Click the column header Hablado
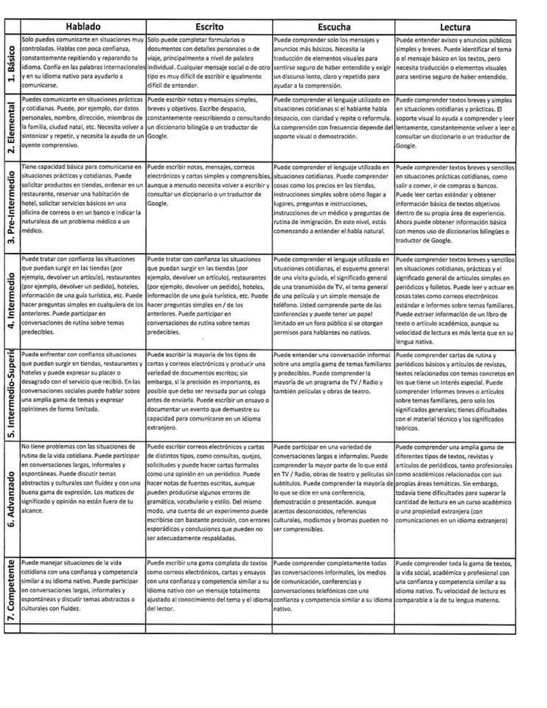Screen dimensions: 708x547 83,26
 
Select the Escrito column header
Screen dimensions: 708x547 209,26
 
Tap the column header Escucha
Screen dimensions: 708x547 333,26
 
